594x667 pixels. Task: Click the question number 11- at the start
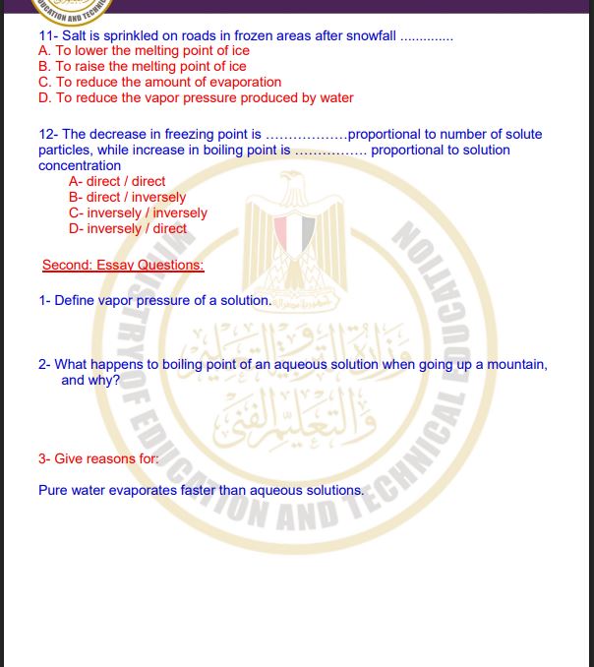pyautogui.click(x=48, y=36)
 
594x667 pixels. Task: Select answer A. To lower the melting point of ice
pyautogui.click(x=144, y=51)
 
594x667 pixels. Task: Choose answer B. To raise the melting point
pyautogui.click(x=142, y=67)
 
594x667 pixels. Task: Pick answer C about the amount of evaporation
pyautogui.click(x=159, y=83)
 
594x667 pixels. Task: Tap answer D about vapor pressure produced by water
pyautogui.click(x=195, y=98)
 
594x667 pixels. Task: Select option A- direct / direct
pyautogui.click(x=117, y=181)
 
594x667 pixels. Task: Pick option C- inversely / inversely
pyautogui.click(x=138, y=212)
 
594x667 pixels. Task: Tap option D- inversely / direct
pyautogui.click(x=128, y=228)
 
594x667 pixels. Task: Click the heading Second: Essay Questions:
pyautogui.click(x=123, y=265)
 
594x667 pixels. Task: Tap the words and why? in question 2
pyautogui.click(x=90, y=380)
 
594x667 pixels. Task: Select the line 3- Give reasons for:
pyautogui.click(x=98, y=458)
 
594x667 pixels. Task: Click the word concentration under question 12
pyautogui.click(x=80, y=165)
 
